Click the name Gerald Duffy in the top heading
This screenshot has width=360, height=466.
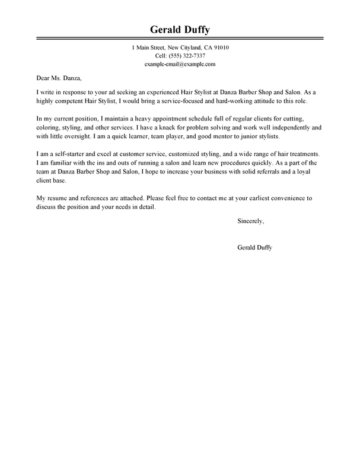coord(180,30)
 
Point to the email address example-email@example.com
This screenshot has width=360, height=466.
coord(180,64)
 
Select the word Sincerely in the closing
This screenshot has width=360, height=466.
coord(250,204)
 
